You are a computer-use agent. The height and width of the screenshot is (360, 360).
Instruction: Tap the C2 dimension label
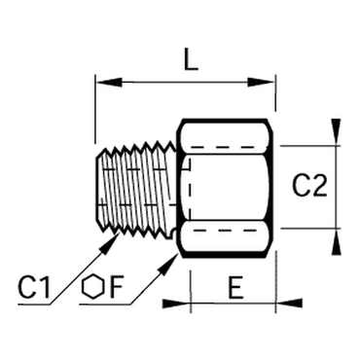pyautogui.click(x=309, y=186)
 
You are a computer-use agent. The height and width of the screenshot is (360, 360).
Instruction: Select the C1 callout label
pyautogui.click(x=34, y=287)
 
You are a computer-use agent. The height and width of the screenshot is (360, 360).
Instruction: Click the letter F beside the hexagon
pyautogui.click(x=116, y=288)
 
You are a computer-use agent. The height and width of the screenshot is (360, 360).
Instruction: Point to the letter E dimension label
pyautogui.click(x=235, y=288)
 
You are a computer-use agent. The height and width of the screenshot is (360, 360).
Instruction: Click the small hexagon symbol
pyautogui.click(x=93, y=287)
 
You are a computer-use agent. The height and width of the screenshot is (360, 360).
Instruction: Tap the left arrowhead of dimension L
pyautogui.click(x=109, y=83)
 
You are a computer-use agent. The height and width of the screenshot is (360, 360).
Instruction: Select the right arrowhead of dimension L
pyautogui.click(x=262, y=83)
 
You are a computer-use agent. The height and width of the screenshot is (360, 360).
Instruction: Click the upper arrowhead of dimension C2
pyautogui.click(x=337, y=132)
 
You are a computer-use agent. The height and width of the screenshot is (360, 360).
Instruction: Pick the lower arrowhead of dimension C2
pyautogui.click(x=337, y=241)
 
